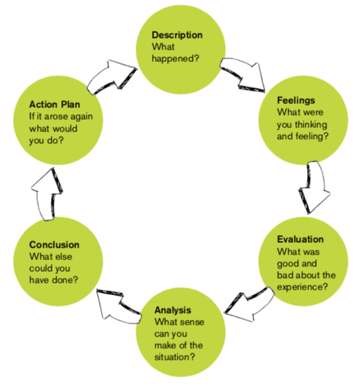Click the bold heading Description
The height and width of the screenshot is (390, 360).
click(177, 35)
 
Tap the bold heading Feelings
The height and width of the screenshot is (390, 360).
click(296, 100)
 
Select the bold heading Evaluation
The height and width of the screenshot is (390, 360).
click(300, 239)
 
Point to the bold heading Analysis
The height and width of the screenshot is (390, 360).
click(173, 310)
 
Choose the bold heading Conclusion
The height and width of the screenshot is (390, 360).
click(54, 245)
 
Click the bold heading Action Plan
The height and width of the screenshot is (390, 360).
click(54, 105)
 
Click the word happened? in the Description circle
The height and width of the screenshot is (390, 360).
click(176, 59)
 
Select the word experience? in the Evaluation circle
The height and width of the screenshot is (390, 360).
click(302, 287)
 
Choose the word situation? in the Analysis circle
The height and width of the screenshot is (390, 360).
click(175, 357)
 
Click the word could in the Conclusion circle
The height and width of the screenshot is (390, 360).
click(41, 268)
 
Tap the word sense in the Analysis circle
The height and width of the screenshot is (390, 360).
click(193, 322)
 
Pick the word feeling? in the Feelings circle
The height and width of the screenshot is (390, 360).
click(312, 136)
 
